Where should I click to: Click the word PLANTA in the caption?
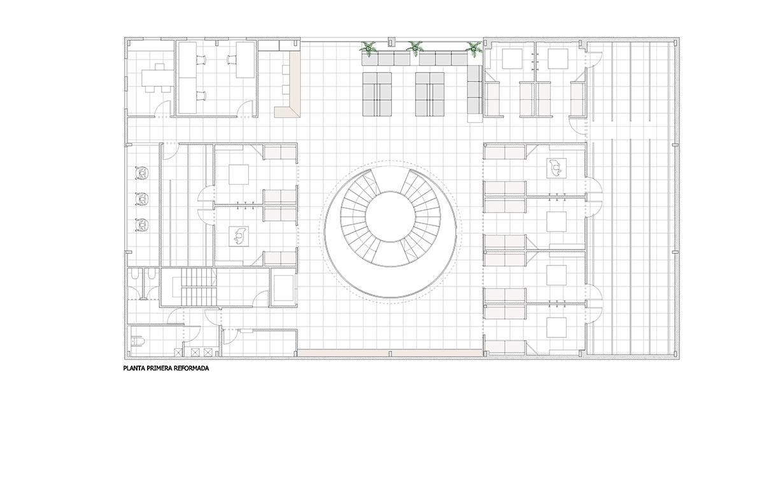point(132,369)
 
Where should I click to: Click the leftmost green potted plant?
point(368,48)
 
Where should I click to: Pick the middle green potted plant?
point(414,48)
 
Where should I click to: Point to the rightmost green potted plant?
point(474,49)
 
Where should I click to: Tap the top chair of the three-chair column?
point(141,173)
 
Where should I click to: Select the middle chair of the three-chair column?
point(141,199)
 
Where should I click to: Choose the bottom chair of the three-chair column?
point(141,225)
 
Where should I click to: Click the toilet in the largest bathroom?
point(138,341)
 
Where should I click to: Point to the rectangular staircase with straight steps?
point(198,287)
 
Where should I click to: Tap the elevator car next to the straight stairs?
point(284,288)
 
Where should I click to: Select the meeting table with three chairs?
point(157,78)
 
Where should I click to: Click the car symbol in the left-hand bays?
point(238,236)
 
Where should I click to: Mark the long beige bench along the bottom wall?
point(390,353)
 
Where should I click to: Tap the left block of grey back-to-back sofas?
point(377,94)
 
